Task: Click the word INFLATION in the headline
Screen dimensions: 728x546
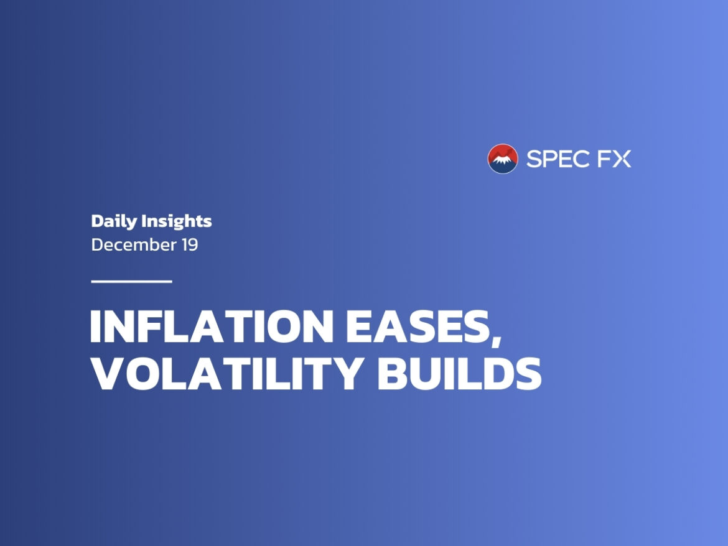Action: coord(212,326)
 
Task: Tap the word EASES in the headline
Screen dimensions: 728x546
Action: coord(418,326)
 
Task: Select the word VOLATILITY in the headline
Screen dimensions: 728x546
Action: coord(226,374)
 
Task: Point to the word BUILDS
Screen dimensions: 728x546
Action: coord(459,374)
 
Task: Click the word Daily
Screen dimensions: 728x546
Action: coord(114,221)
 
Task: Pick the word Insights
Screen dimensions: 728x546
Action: coord(177,221)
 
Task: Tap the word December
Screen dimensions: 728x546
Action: coord(134,244)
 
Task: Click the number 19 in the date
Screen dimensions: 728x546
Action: coord(190,245)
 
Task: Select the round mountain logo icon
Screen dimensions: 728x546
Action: coord(503,159)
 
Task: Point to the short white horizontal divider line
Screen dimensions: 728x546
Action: coord(132,281)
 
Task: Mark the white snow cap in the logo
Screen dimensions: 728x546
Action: coord(503,160)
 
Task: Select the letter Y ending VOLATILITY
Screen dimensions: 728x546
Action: coord(345,374)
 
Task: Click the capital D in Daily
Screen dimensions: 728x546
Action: coord(97,221)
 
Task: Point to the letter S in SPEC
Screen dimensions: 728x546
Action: coord(534,159)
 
